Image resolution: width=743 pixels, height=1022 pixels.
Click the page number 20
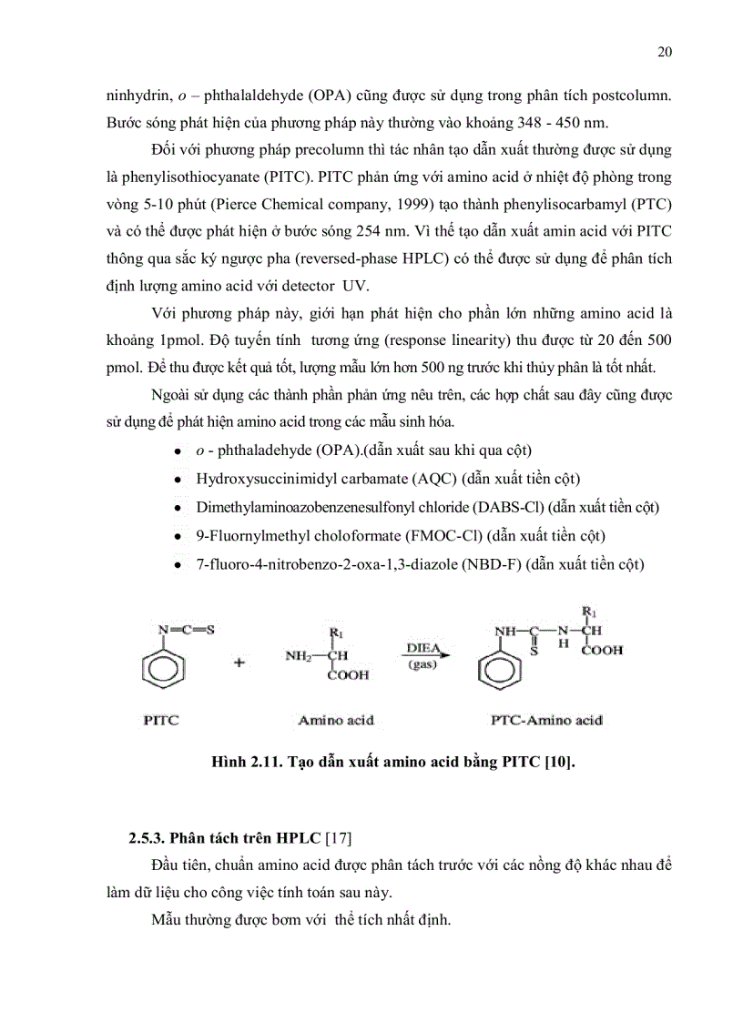pos(664,52)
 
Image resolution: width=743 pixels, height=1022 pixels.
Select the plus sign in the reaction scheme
pos(239,663)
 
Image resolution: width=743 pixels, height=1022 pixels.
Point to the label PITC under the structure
pos(160,720)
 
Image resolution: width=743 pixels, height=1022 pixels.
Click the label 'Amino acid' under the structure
pos(335,720)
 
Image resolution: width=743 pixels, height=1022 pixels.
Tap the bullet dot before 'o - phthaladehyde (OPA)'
pos(175,451)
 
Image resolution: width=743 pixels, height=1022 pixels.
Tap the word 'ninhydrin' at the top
pos(135,95)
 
